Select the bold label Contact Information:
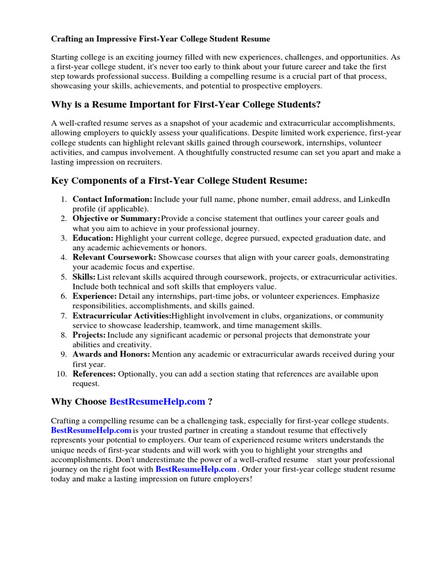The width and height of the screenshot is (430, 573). pyautogui.click(x=112, y=199)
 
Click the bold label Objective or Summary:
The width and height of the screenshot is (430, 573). pyautogui.click(x=116, y=219)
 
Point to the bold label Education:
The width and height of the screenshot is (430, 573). pyautogui.click(x=93, y=238)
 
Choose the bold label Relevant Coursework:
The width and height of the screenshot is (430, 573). pyautogui.click(x=114, y=257)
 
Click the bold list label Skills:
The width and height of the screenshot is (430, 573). pyautogui.click(x=84, y=277)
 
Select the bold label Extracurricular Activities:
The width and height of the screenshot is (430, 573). pyautogui.click(x=121, y=316)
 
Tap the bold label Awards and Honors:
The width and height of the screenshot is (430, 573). pyautogui.click(x=111, y=354)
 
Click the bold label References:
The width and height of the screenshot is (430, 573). pyautogui.click(x=94, y=374)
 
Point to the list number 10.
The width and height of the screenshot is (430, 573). pyautogui.click(x=62, y=374)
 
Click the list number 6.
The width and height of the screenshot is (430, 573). pyautogui.click(x=64, y=296)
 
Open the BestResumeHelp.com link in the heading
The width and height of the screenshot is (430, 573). pyautogui.click(x=157, y=402)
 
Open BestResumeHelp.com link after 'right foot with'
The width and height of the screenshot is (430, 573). pyautogui.click(x=195, y=469)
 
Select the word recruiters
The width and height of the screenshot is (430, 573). pyautogui.click(x=142, y=162)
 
